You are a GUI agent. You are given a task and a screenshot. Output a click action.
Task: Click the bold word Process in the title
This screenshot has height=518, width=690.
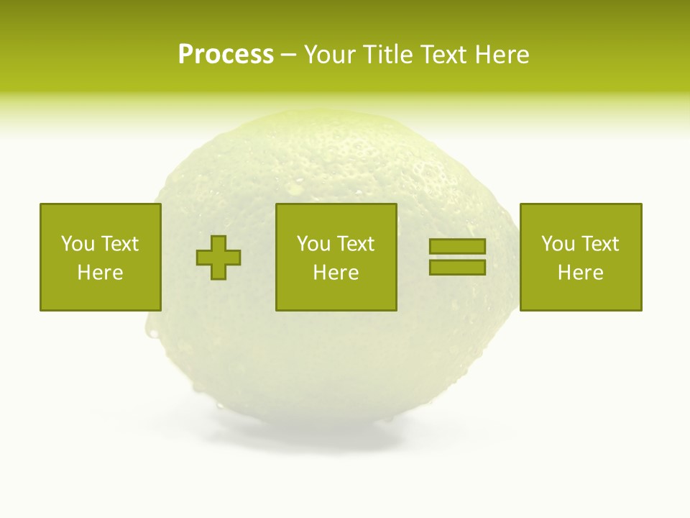[226, 55]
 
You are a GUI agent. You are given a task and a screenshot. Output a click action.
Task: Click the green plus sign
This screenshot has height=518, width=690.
[218, 258]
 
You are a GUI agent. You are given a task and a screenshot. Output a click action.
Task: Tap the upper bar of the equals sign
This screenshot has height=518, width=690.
[457, 246]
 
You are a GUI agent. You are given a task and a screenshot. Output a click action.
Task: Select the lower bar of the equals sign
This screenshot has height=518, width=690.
[457, 267]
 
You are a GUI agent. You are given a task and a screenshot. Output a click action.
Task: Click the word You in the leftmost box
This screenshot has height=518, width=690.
[78, 244]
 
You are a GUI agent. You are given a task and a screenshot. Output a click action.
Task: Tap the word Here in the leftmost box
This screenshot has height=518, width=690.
[100, 273]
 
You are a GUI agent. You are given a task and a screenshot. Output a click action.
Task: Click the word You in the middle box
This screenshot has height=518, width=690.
[313, 244]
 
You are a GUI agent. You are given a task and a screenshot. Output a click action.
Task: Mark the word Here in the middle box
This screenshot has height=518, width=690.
[336, 273]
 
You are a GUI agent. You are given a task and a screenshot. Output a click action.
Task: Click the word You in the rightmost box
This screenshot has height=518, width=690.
[558, 244]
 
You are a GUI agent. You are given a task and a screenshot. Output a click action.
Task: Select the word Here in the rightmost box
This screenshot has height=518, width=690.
[580, 273]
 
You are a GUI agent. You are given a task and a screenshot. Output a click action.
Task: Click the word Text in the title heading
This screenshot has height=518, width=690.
[439, 55]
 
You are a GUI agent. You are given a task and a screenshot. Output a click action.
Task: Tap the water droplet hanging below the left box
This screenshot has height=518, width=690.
[152, 332]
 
